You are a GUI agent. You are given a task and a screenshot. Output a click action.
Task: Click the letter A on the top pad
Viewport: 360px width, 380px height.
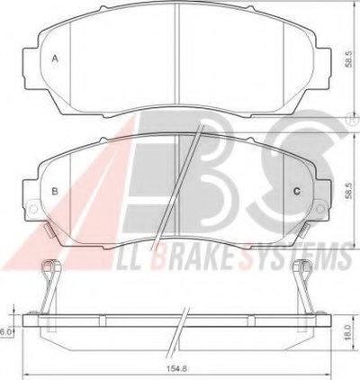click(x=55, y=59)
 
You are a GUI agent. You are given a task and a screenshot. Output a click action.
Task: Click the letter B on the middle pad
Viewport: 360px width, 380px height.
click(x=55, y=191)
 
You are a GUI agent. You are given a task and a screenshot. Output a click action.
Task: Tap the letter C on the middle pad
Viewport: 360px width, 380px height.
click(x=297, y=191)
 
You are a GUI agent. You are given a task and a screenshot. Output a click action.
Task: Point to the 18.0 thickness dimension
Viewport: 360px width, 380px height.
click(x=347, y=332)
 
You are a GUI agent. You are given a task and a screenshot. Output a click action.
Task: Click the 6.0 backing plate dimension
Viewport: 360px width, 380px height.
click(x=5, y=332)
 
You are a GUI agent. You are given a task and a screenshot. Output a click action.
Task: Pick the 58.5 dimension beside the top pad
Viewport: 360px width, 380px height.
click(x=348, y=59)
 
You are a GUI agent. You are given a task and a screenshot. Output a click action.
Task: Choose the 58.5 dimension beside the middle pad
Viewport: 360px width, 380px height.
click(x=348, y=192)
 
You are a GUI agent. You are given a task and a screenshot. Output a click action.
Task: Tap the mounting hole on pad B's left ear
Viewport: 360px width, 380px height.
click(x=32, y=208)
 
